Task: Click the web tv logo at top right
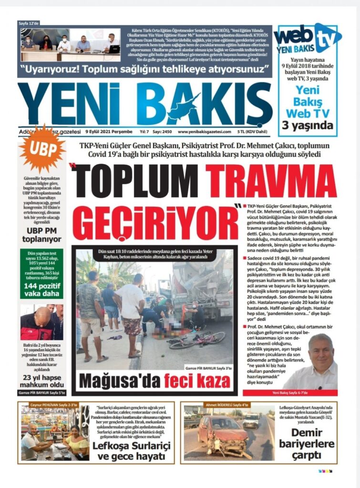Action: click(x=307, y=39)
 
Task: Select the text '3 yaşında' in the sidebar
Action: click(x=308, y=126)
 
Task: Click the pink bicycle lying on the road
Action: click(x=200, y=339)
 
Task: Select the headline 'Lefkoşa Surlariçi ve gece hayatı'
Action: click(x=132, y=451)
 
